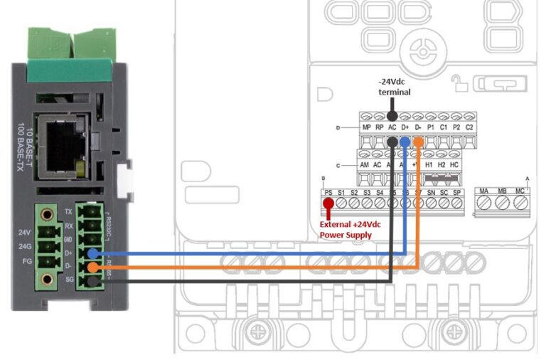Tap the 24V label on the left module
[x=24, y=232]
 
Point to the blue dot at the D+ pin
[x=94, y=253]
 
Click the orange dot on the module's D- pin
[x=94, y=268]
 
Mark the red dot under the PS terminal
[x=328, y=204]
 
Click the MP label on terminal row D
[x=367, y=128]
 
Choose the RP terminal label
[x=380, y=128]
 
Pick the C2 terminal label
[x=469, y=128]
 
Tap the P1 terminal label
[x=431, y=128]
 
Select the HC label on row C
[x=456, y=164]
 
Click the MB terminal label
[x=503, y=192]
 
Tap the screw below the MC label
[x=520, y=204]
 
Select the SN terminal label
[x=431, y=192]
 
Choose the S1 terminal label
[x=341, y=192]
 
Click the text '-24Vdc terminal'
[x=394, y=87]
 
